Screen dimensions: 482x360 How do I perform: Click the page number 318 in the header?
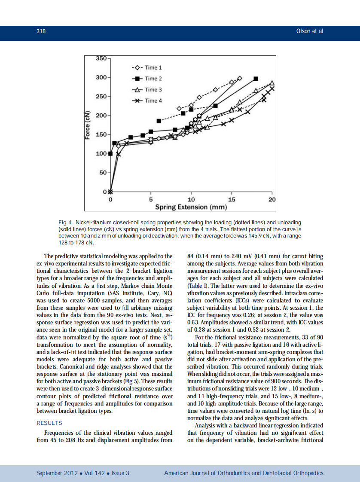tap(41, 31)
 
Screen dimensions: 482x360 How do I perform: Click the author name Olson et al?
tap(310, 31)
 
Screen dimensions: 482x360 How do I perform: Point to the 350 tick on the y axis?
tap(102, 58)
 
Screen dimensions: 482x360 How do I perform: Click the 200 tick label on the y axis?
tap(102, 116)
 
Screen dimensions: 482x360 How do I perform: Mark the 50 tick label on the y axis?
tap(104, 173)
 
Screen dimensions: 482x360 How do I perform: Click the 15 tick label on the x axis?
tap(232, 200)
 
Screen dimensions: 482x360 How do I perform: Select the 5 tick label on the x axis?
tap(151, 200)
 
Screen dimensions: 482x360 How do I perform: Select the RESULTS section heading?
tap(50, 423)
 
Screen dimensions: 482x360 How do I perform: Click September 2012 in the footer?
tap(57, 473)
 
